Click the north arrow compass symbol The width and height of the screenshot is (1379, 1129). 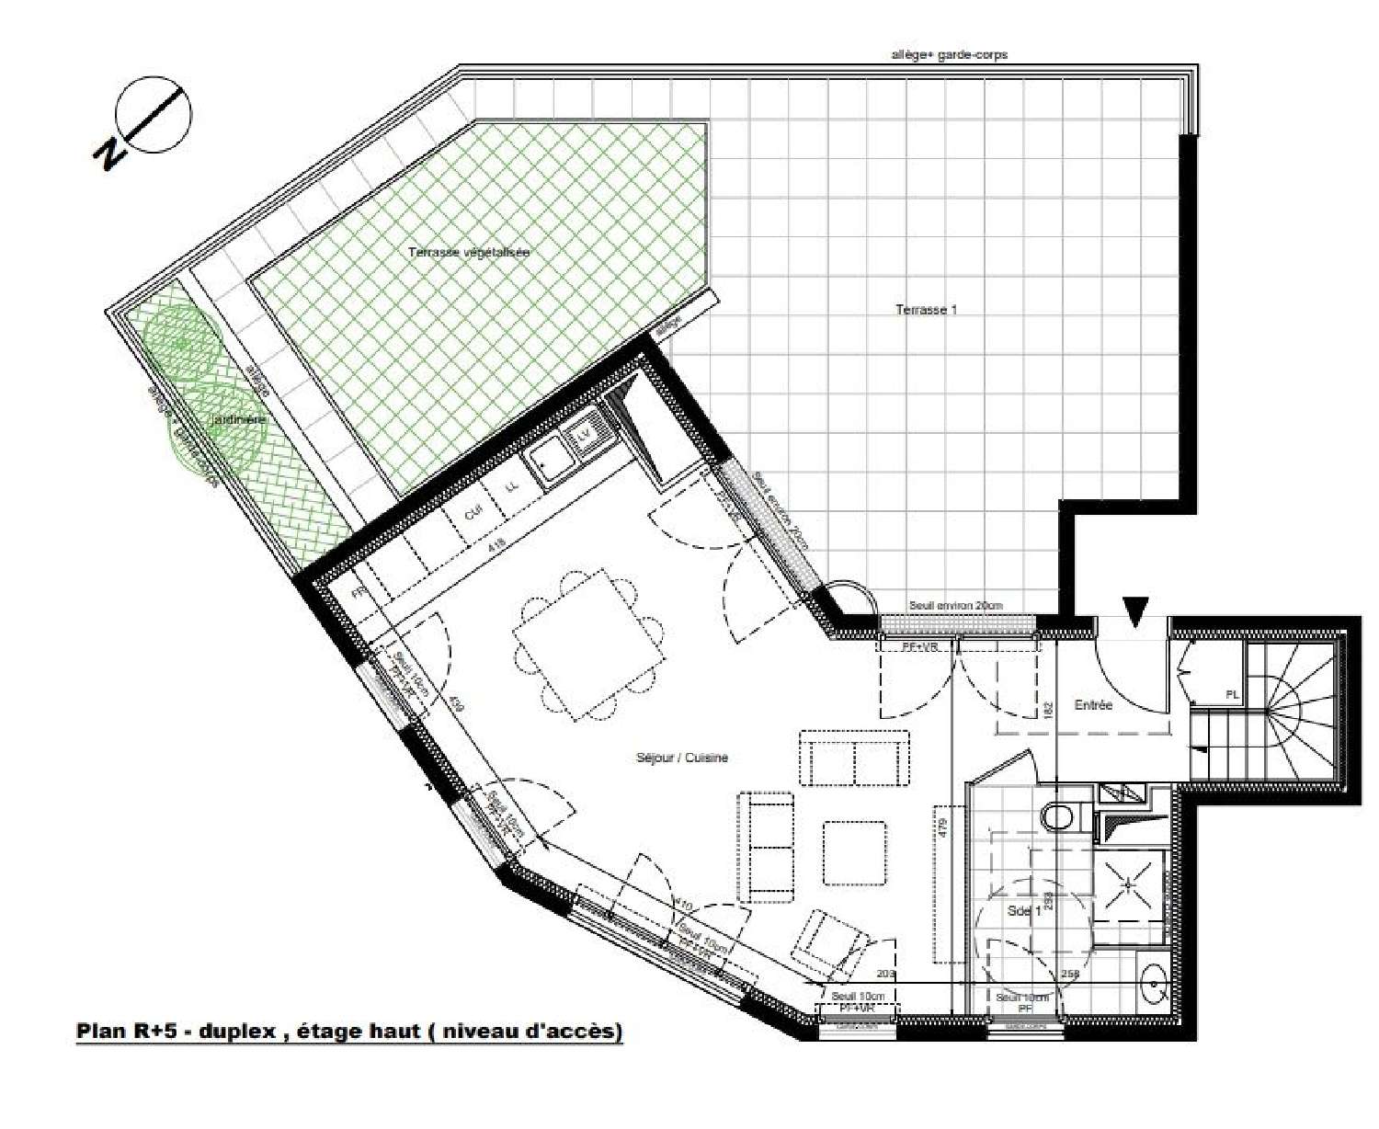(154, 115)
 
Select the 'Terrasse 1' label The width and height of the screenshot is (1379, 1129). (926, 310)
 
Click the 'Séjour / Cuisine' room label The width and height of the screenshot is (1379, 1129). (681, 758)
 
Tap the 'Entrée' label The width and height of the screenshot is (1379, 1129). (1093, 705)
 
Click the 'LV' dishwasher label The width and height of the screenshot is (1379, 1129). (585, 432)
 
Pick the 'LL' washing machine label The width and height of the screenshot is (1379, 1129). (513, 485)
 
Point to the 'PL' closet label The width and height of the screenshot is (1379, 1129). (1231, 694)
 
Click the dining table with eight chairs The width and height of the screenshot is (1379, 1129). (589, 644)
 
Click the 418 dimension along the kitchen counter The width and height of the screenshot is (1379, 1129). (496, 544)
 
